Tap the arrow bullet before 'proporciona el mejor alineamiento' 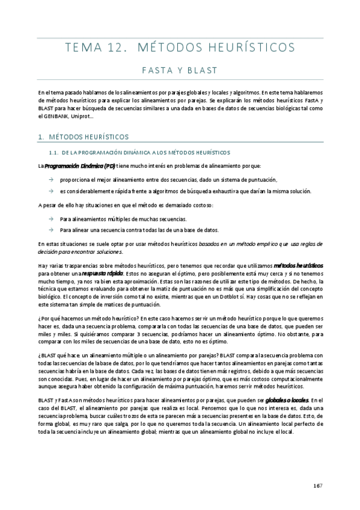click(x=52, y=179)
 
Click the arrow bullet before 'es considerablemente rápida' click(x=52, y=191)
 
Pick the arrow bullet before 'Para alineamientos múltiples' click(x=52, y=219)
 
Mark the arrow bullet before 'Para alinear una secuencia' click(x=52, y=230)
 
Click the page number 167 click(x=319, y=487)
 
